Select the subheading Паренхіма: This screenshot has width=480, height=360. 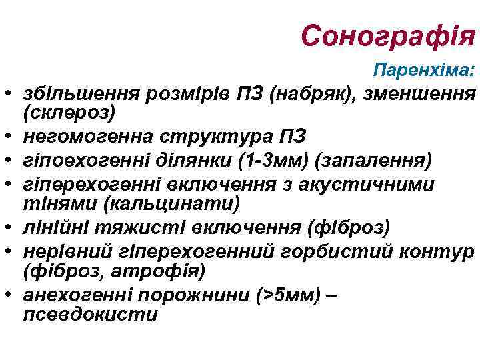424,69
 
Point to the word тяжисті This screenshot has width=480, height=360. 127,228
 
